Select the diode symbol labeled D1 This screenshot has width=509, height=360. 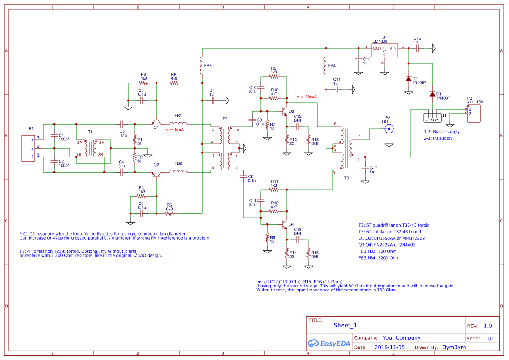(432, 94)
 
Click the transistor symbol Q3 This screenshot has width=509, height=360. (285, 111)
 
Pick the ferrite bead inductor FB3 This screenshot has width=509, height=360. (202, 64)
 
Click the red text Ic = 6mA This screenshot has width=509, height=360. (174, 130)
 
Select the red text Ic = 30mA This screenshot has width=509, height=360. (306, 97)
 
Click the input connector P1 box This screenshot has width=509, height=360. (29, 148)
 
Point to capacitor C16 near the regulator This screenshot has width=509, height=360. (417, 48)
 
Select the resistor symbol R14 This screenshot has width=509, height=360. (287, 253)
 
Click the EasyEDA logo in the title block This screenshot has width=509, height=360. (329, 343)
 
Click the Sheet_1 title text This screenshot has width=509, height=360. (345, 325)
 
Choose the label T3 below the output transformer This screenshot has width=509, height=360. (346, 178)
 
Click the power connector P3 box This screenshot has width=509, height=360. (474, 113)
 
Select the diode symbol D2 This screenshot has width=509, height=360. (409, 79)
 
